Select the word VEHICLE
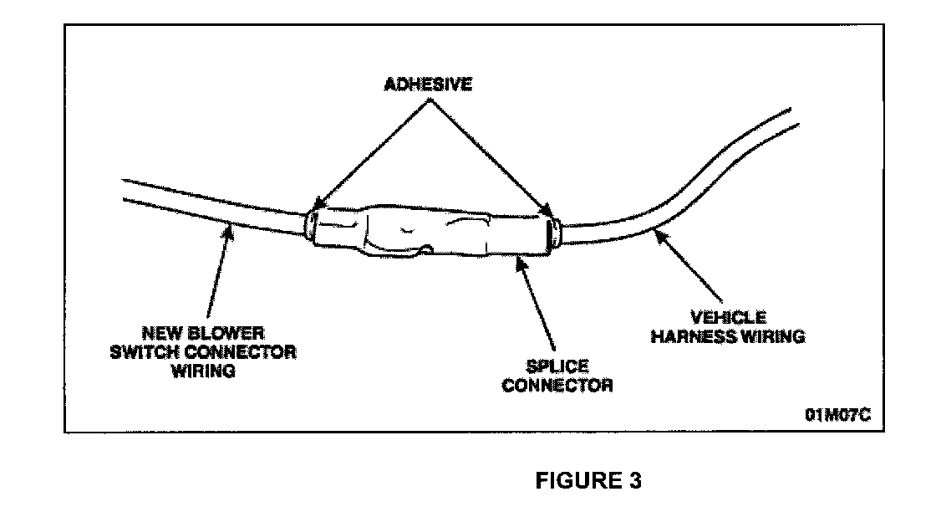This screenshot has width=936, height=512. click(727, 319)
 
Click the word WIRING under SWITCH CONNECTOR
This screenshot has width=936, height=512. click(202, 371)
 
